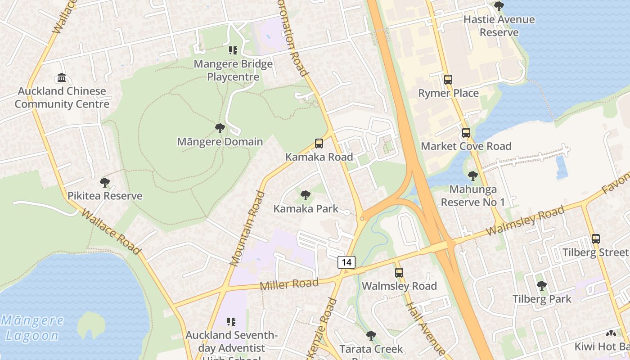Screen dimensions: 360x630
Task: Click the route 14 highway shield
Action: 346,262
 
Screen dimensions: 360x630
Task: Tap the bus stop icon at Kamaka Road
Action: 319,144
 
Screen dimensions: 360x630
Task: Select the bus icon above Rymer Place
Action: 448,80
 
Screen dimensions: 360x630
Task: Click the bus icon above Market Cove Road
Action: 466,133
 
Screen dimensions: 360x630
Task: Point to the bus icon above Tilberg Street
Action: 595,239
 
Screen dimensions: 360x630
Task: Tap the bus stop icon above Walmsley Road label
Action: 399,272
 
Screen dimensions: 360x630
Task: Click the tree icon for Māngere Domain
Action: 220,128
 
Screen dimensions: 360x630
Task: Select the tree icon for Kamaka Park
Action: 305,195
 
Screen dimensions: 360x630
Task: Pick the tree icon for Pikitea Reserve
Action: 104,182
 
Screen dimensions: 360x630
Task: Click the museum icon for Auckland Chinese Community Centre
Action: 62,78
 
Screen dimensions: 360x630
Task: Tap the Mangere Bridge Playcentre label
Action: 233,70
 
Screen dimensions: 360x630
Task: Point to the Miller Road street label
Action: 289,284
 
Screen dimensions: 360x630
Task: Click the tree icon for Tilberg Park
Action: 541,285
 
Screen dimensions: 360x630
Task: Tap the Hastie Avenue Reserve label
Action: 499,26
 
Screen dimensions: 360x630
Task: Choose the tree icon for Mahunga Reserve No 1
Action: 472,175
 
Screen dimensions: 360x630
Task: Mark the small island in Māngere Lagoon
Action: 91,325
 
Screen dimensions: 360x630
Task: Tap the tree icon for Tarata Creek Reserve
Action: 371,335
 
